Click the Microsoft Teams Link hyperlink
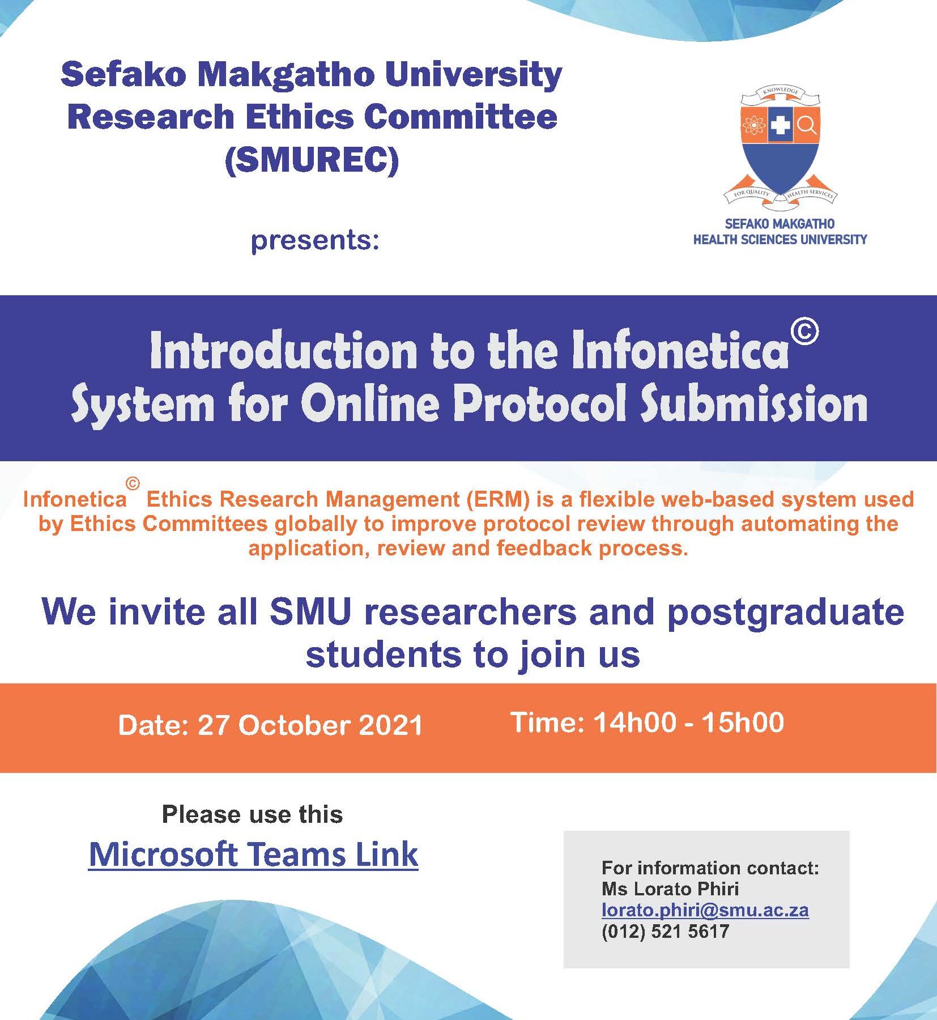click(253, 854)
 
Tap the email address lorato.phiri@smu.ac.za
click(705, 910)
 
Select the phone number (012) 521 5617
click(665, 931)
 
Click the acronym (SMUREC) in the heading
click(312, 160)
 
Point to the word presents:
click(315, 240)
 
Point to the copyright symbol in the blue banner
click(804, 331)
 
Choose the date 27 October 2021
click(310, 725)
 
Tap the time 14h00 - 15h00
click(688, 722)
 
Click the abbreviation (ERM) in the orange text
click(498, 499)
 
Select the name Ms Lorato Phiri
click(670, 889)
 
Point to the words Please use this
click(253, 815)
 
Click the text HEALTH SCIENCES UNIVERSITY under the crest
click(780, 240)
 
